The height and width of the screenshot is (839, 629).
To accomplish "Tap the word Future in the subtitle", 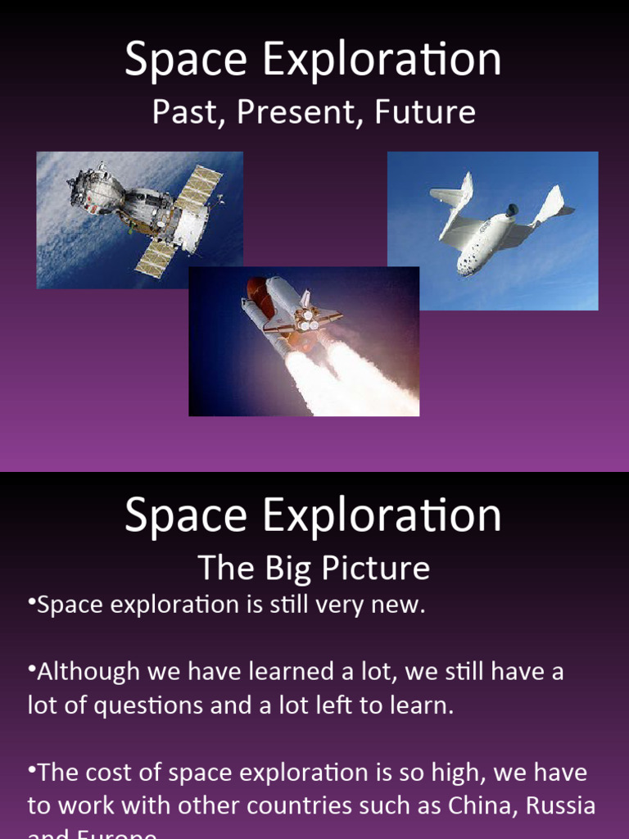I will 425,112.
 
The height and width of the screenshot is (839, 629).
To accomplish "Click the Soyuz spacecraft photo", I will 140,220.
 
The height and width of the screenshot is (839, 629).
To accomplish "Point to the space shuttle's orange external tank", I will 260,299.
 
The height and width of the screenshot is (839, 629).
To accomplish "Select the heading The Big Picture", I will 314,567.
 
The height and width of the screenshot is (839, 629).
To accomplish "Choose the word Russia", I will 560,805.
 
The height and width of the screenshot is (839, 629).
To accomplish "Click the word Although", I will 89,672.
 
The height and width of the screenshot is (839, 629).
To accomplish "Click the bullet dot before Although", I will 32,669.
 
